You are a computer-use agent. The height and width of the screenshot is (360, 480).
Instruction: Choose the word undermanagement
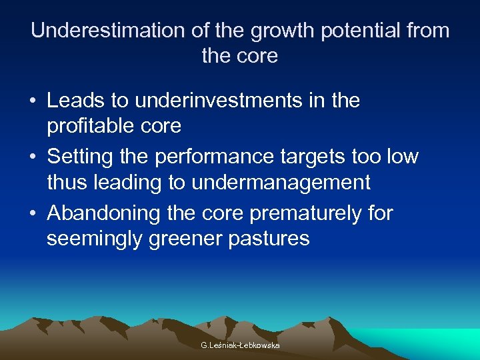(x=281, y=181)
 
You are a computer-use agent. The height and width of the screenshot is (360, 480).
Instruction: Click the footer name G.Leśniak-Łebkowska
(x=240, y=345)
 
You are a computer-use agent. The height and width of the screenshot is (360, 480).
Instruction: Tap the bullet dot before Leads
(x=33, y=102)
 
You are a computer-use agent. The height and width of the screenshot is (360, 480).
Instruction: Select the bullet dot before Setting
(x=33, y=158)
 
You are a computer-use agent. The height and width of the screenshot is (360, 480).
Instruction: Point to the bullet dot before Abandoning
(x=33, y=215)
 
